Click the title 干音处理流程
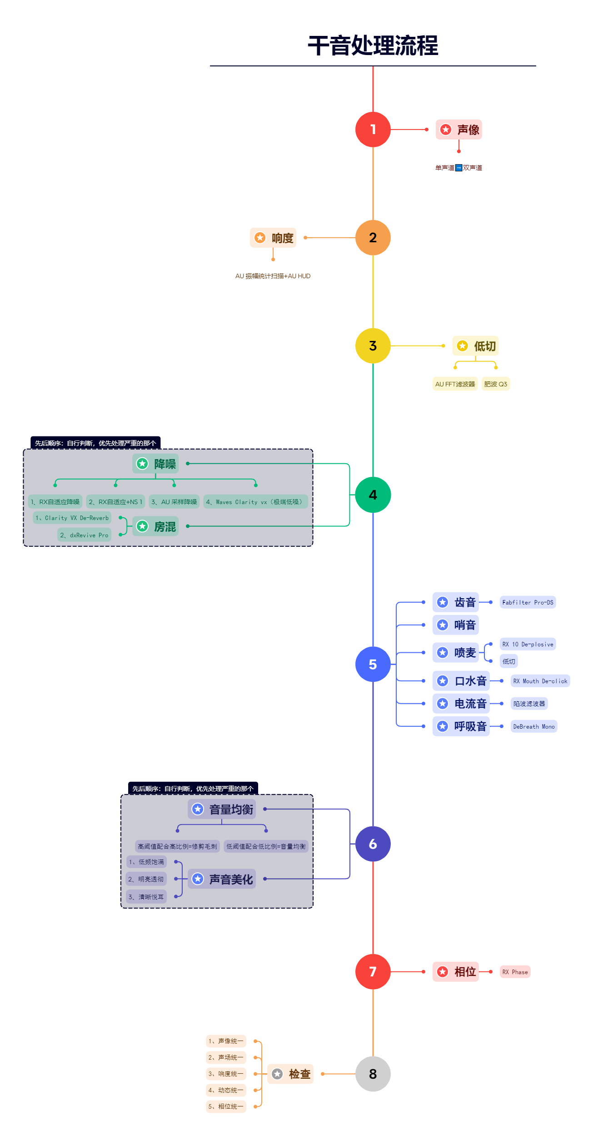coord(373,46)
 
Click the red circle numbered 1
coord(373,130)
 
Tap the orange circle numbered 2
coord(373,237)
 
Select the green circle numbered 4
coord(373,495)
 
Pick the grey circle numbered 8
coord(373,1074)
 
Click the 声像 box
coord(458,130)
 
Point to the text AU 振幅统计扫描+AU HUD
coord(273,276)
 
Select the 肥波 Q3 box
coord(495,384)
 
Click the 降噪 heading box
coord(155,464)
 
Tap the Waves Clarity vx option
coord(255,502)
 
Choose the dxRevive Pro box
coord(84,535)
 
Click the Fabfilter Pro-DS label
coord(528,602)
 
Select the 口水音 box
coord(461,681)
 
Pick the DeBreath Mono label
coord(533,726)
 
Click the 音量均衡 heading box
coord(222,809)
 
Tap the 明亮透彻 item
coord(146,879)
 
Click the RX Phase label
coord(515,972)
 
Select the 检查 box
coord(290,1074)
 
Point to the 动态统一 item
coord(226,1090)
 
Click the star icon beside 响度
coord(260,238)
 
